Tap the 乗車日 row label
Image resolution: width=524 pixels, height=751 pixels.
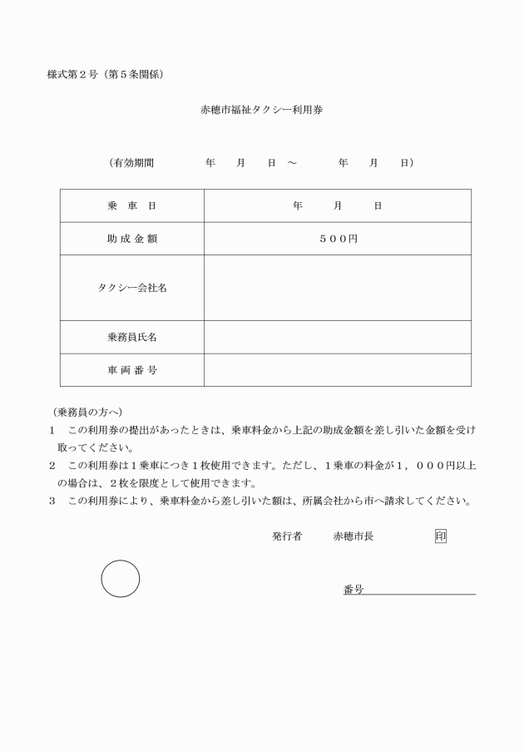click(x=131, y=205)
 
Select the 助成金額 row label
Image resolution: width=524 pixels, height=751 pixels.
click(x=131, y=239)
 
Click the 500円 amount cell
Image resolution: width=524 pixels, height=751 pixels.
click(x=337, y=239)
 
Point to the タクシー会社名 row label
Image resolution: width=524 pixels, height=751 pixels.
click(x=131, y=288)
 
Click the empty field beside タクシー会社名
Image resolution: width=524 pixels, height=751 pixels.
click(x=337, y=288)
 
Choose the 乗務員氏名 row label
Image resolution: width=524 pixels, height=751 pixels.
click(x=131, y=337)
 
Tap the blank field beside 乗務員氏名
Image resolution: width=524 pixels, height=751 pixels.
click(x=337, y=337)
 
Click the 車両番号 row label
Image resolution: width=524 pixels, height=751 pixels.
click(x=131, y=370)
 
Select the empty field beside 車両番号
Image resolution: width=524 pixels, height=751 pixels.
click(x=337, y=370)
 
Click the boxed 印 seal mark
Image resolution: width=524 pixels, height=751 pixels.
click(x=441, y=536)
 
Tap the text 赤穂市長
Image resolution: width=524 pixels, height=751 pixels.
click(x=353, y=537)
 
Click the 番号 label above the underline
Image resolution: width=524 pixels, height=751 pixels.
click(x=353, y=590)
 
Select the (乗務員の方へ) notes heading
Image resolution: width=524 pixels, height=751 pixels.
click(x=86, y=412)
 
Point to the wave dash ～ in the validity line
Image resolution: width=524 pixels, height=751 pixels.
click(x=292, y=163)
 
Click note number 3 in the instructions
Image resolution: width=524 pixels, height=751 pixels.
click(x=52, y=501)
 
